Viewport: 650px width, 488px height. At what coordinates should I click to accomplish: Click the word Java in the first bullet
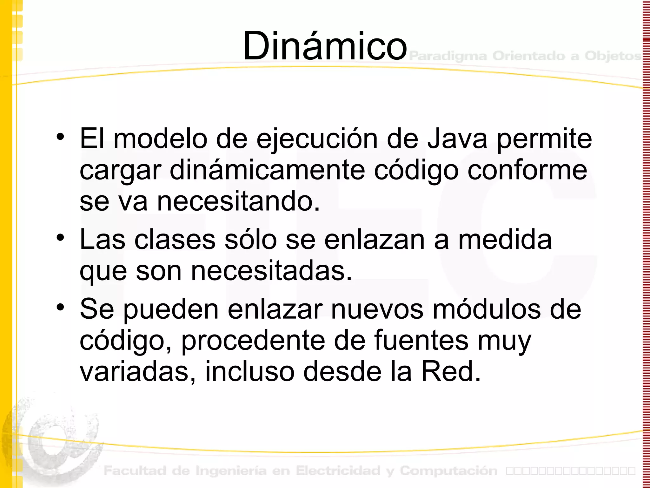pyautogui.click(x=457, y=139)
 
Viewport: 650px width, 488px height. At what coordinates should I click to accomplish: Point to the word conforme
pyautogui.click(x=527, y=171)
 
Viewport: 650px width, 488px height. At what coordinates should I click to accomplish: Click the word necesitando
pyautogui.click(x=238, y=201)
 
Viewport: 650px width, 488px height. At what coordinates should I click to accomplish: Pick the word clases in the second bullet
pyautogui.click(x=175, y=240)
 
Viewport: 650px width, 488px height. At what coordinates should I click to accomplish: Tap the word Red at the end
pyautogui.click(x=450, y=371)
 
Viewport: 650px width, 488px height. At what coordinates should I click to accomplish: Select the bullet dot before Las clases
pyautogui.click(x=60, y=238)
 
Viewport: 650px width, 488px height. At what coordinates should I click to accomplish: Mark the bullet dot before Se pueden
pyautogui.click(x=60, y=307)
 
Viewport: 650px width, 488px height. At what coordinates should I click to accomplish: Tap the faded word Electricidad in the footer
pyautogui.click(x=338, y=471)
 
